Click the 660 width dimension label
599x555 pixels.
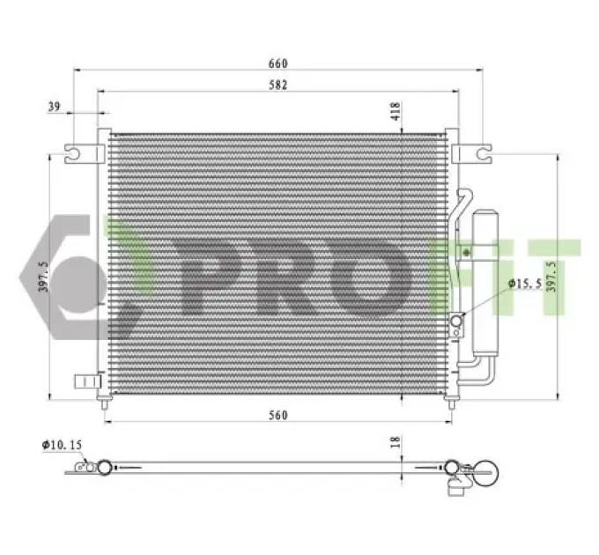(277, 63)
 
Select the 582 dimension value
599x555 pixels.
(277, 85)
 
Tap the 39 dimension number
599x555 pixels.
(55, 107)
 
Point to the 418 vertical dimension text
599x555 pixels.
(396, 111)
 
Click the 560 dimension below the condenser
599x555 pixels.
(277, 415)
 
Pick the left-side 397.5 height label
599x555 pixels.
(43, 277)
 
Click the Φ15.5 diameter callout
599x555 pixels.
(525, 284)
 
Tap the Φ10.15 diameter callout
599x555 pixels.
(62, 445)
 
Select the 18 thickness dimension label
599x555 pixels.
(396, 441)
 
